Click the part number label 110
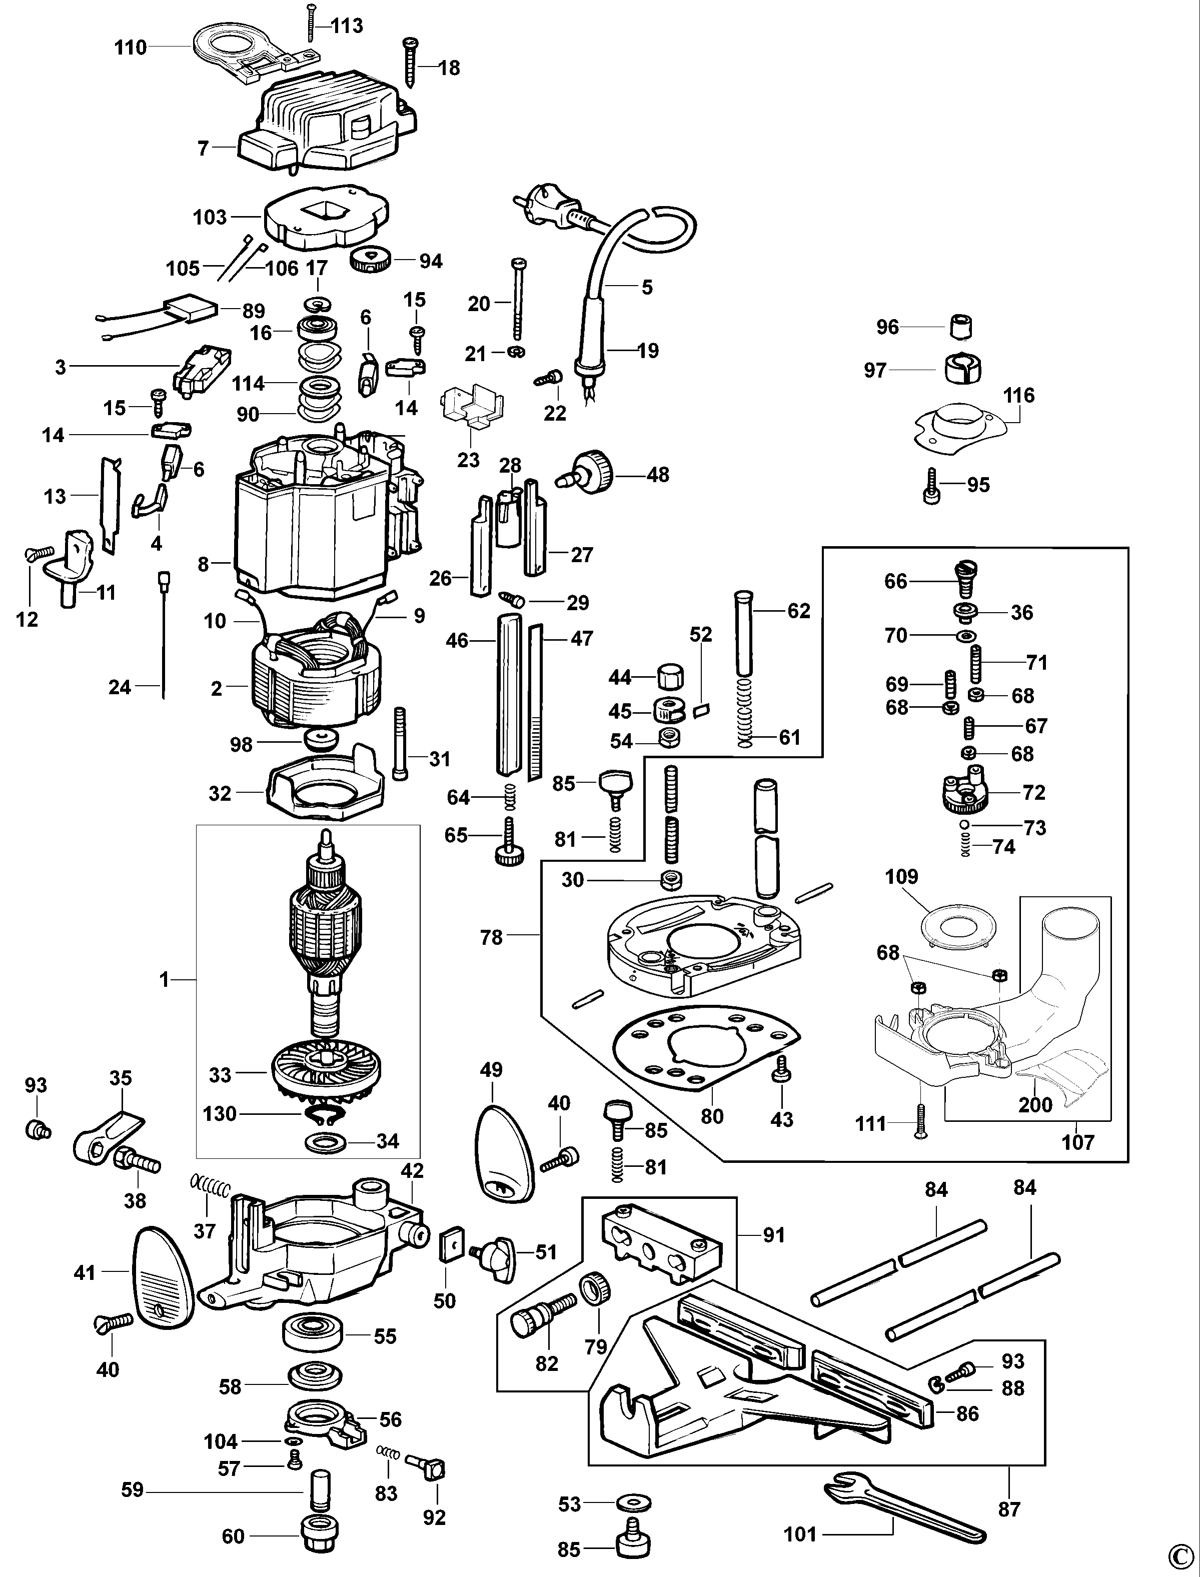pos(130,48)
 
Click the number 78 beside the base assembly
pos(491,938)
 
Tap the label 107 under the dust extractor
pos(1077,1143)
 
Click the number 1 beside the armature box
pos(164,980)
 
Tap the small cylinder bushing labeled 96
pos(962,328)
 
